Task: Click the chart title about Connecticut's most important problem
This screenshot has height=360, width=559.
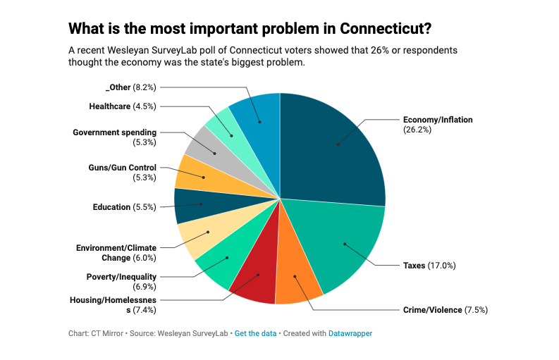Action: click(x=250, y=29)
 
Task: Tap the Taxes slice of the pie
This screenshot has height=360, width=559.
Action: click(x=345, y=244)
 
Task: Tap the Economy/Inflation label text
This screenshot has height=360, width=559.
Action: click(x=437, y=120)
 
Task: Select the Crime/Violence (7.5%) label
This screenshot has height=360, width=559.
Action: click(x=446, y=310)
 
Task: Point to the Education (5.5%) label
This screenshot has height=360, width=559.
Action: click(x=124, y=207)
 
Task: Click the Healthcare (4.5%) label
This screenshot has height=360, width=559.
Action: click(x=122, y=106)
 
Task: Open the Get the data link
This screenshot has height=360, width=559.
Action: click(x=255, y=333)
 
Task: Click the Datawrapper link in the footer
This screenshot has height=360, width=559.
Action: click(x=350, y=333)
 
